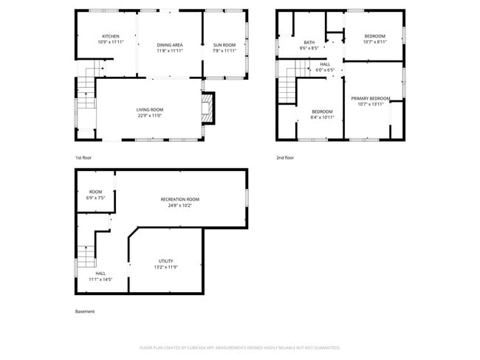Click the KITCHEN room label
pos(111,36)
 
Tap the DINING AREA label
pos(170,46)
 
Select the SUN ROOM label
pos(224,46)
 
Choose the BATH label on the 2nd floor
pos(309,42)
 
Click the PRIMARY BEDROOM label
pos(371,98)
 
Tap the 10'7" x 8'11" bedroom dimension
pos(375,42)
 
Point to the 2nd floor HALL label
pos(325,64)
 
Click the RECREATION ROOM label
pos(180,199)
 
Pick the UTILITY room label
pos(165,261)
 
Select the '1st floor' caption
pos(83,157)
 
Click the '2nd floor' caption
pos(285,157)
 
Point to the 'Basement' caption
pos(85,311)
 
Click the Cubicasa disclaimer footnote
pos(239,347)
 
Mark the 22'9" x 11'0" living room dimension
pos(149,116)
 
